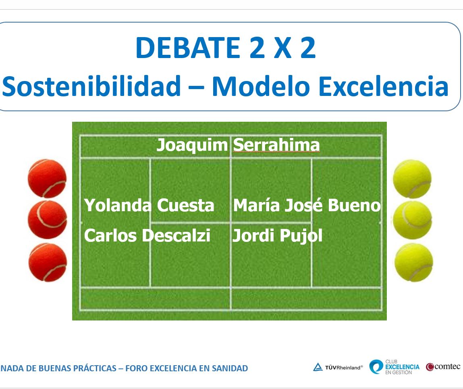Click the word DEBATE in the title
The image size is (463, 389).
coord(188,48)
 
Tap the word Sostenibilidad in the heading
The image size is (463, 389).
coord(91,86)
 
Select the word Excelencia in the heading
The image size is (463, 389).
coord(384,86)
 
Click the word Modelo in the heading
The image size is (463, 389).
coord(260,86)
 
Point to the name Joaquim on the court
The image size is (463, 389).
coord(192,146)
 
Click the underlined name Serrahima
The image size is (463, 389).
coord(276,145)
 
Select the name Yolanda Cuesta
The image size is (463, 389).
coord(149,205)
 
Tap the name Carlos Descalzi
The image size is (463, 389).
coord(147,235)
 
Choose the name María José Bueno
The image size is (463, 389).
coord(307,205)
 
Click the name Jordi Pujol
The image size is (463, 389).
coord(277,236)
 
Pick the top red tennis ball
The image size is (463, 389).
coord(47,179)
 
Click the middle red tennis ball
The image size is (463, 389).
coord(47,220)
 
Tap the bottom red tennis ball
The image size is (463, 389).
coord(48,262)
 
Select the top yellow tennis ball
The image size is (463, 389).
coord(412,179)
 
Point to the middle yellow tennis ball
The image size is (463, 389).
coord(413,220)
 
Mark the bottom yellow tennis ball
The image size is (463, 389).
coord(414,262)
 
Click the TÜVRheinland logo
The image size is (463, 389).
coord(338,367)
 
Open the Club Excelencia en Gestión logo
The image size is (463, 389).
coord(394,367)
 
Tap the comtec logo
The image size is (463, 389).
coord(443,367)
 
